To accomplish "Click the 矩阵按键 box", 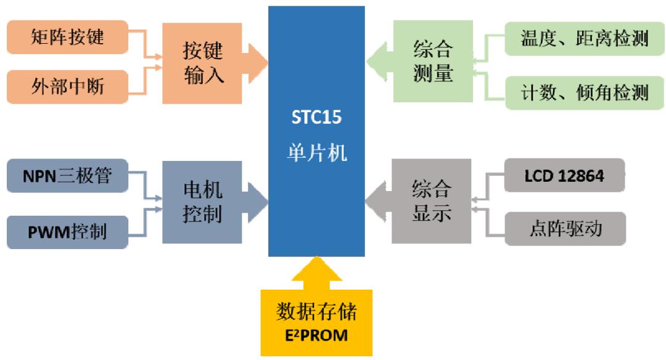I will (67, 37).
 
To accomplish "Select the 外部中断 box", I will (67, 86).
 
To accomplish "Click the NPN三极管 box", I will (67, 176).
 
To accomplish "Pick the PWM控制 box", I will (67, 231).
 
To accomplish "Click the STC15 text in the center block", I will (316, 117).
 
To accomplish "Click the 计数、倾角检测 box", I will (585, 92).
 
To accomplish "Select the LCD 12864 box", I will (564, 176).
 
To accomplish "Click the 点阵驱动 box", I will (565, 229).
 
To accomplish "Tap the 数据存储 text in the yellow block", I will (316, 313).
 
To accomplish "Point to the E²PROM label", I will (316, 336).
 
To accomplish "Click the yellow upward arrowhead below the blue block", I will (316, 271).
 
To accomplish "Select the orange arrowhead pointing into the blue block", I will (257, 62).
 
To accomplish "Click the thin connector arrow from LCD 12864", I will (487, 185).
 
